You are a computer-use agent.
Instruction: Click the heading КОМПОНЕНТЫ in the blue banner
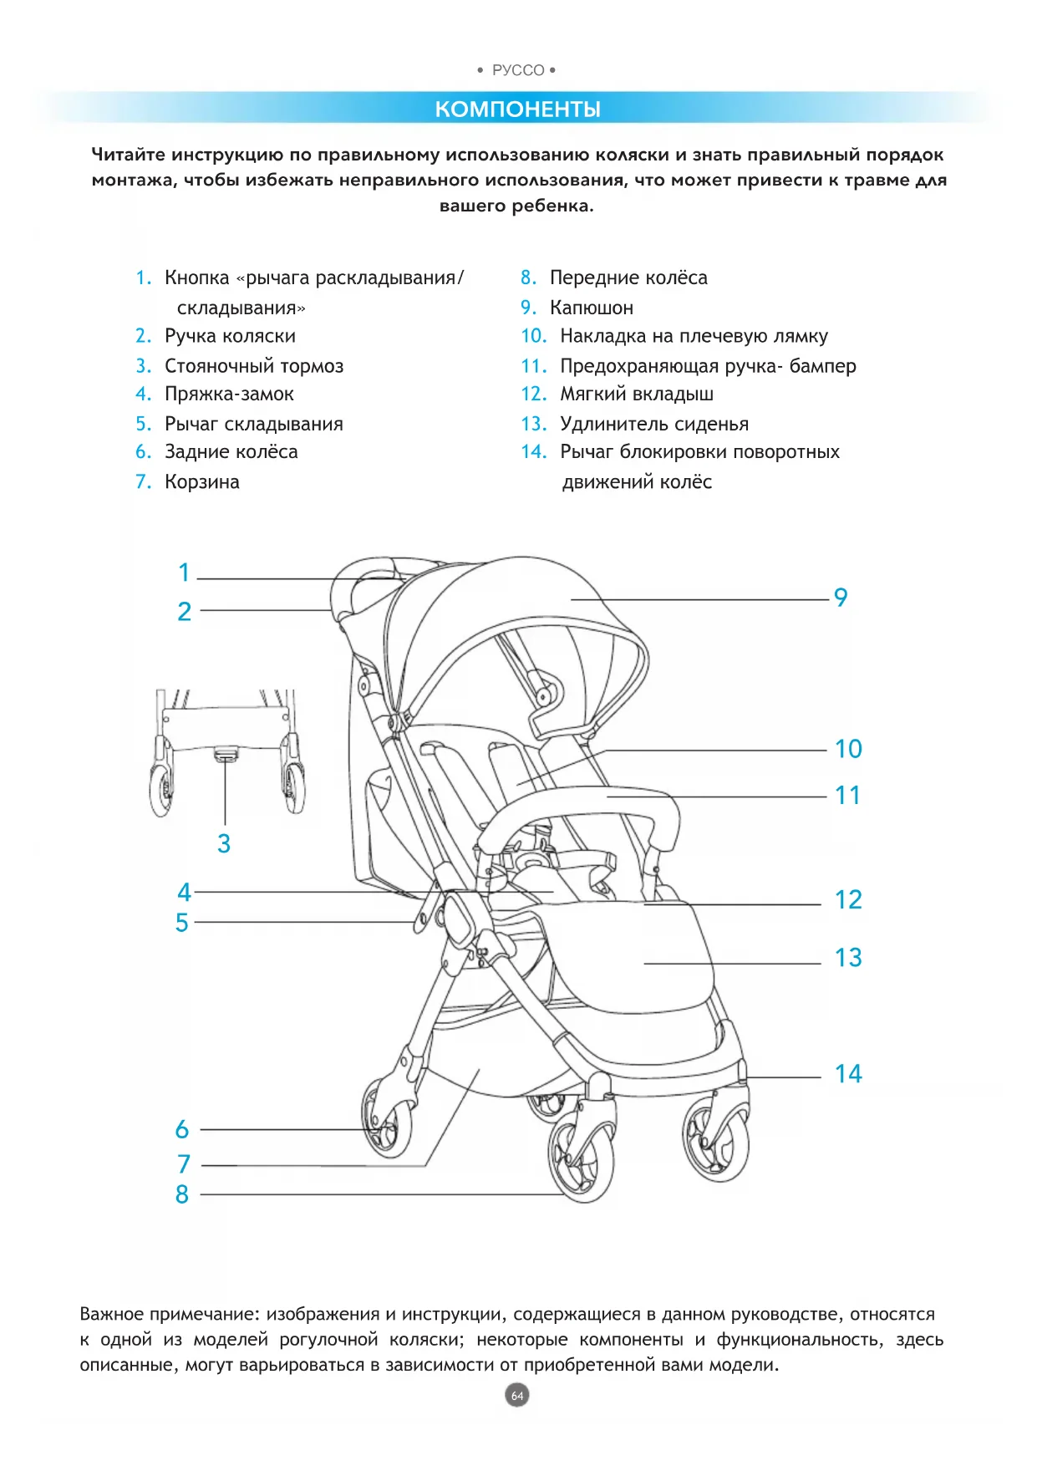pos(517,109)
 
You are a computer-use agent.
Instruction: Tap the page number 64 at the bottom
pos(517,1395)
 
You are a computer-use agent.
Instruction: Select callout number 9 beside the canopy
pos(841,598)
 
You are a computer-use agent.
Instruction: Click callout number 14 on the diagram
pos(848,1074)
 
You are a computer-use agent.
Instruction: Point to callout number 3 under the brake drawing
pos(224,844)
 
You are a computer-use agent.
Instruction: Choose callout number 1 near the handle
pos(185,573)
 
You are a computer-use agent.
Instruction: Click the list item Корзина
pos(201,482)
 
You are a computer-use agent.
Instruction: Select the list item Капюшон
pos(591,308)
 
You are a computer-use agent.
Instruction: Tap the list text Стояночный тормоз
pos(253,366)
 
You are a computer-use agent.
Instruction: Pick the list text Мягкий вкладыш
pos(636,394)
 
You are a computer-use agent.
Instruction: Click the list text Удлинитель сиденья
pos(653,425)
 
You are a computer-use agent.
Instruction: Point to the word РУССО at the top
pos(518,71)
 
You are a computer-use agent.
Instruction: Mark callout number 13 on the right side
pos(848,958)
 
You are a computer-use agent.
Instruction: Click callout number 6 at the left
pos(182,1130)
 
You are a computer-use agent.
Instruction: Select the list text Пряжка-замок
pos(229,394)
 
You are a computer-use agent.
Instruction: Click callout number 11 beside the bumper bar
pos(847,796)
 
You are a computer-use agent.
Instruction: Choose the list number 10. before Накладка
pos(533,337)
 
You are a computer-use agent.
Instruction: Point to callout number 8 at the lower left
pos(182,1195)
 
